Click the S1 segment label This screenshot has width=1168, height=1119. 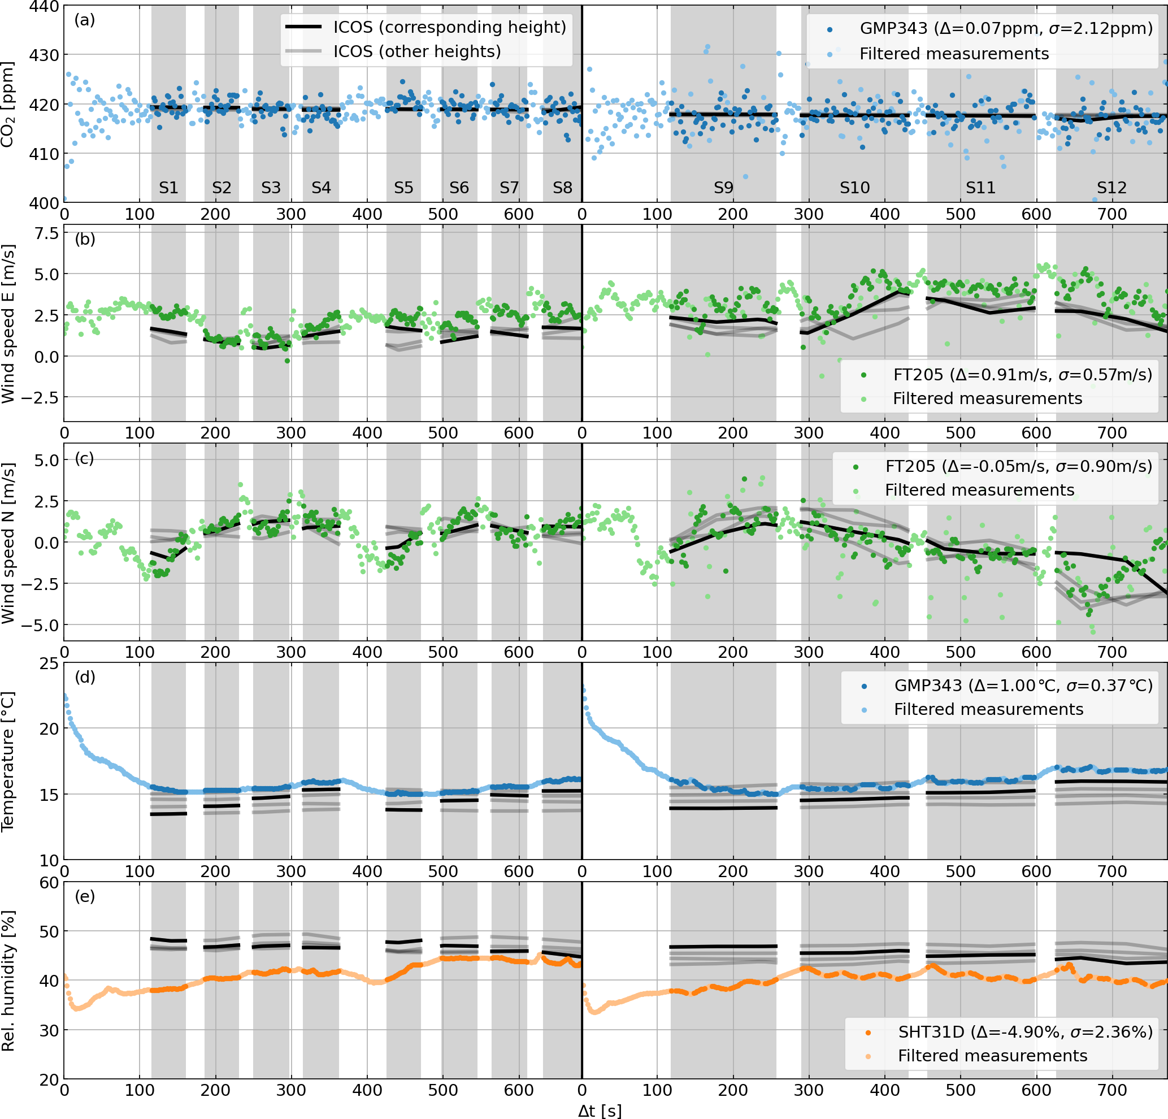(168, 188)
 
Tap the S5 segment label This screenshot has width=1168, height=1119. (403, 188)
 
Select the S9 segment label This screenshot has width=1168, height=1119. (723, 188)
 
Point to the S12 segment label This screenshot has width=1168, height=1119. (1111, 188)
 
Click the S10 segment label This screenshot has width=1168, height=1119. (854, 188)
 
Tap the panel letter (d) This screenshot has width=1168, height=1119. (85, 677)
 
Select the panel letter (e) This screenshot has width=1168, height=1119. (85, 896)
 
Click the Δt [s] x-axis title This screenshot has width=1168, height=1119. (600, 1111)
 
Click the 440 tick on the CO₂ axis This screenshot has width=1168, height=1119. (44, 7)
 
